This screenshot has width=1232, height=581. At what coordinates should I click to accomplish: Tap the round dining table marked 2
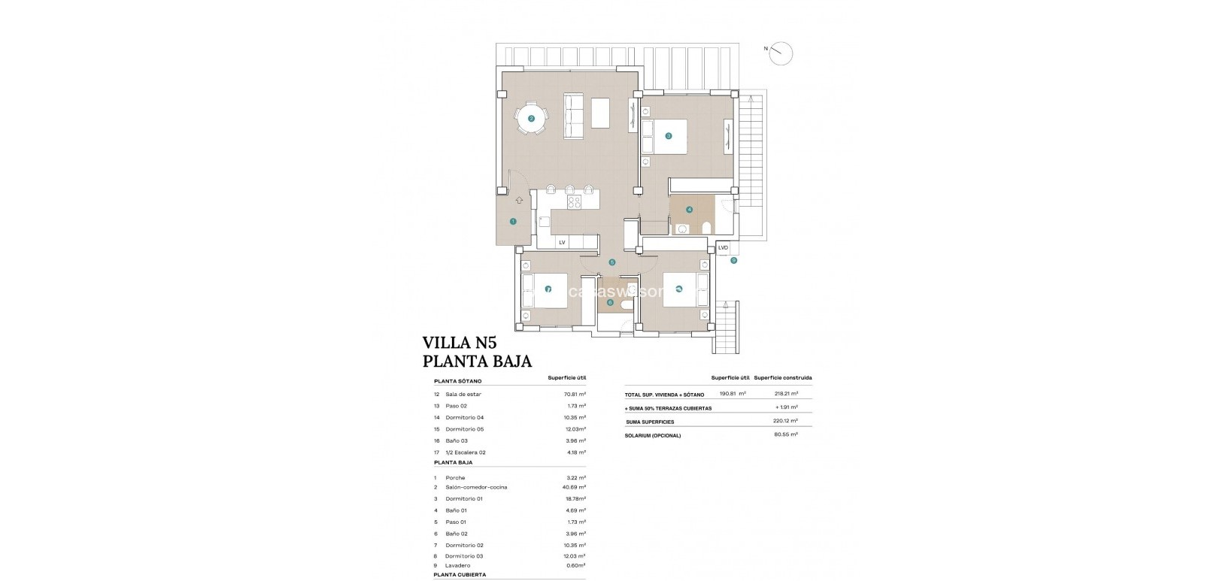[531, 119]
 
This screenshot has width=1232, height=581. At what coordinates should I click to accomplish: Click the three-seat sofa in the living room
[573, 116]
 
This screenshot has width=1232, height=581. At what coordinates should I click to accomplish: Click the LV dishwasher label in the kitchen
[561, 242]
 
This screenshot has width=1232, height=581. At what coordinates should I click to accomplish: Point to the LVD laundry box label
[724, 247]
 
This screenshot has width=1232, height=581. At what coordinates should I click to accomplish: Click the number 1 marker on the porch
[513, 221]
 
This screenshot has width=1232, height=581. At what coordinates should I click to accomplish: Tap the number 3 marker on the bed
[668, 136]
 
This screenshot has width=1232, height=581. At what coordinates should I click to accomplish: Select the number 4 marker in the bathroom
[689, 210]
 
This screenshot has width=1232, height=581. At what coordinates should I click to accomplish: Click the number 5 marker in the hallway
[612, 262]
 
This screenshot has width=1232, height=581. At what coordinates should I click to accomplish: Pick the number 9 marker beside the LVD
[733, 261]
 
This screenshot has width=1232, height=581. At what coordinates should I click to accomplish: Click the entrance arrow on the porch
[519, 201]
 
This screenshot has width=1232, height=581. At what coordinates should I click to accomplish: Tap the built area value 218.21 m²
[786, 393]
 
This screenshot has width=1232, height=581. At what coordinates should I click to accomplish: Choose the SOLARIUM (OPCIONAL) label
[652, 435]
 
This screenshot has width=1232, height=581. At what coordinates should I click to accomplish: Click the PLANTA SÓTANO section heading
[457, 381]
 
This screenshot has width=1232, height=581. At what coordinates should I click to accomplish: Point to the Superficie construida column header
[782, 377]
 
